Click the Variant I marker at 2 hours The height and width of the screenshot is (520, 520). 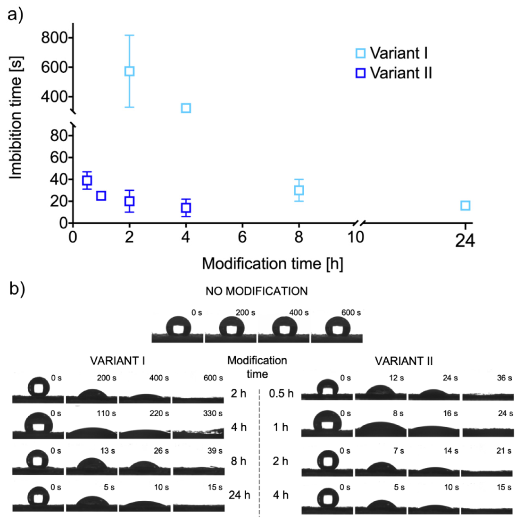tap(129, 71)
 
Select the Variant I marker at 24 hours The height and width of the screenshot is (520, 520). tap(465, 206)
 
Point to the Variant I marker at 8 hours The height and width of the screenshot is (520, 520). tap(299, 190)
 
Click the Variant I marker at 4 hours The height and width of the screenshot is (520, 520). tap(186, 108)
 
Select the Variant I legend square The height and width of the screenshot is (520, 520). tap(360, 53)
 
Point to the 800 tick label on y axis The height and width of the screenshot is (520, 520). tap(54, 38)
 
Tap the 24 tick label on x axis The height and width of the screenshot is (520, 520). tap(465, 241)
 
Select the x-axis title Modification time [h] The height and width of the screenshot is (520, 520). tap(272, 264)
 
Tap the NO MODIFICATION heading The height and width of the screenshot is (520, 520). tap(257, 291)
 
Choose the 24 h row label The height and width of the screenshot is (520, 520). tap(239, 495)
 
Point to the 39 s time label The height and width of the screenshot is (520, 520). tap(215, 450)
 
